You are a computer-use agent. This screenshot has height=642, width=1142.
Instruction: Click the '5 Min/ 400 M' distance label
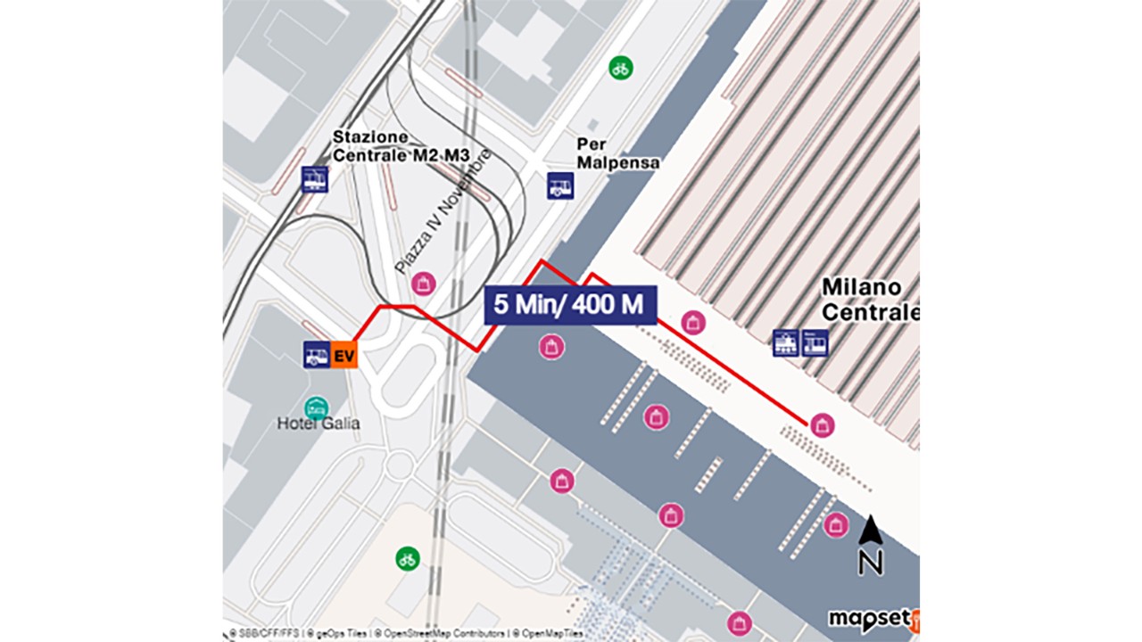coord(570,305)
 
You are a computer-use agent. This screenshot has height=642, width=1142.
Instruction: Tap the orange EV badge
coord(344,355)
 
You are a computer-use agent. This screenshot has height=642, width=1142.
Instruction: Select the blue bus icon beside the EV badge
coord(317,355)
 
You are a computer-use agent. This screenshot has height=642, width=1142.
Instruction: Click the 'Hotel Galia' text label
coord(319,423)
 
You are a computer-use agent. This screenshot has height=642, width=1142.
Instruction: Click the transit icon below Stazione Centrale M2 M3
coord(315,179)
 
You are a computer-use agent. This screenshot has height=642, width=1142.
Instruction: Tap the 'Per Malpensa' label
coord(618,152)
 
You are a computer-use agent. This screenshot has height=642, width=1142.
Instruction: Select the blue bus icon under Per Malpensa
coord(560,185)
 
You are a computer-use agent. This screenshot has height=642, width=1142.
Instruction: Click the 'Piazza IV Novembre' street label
coord(443,211)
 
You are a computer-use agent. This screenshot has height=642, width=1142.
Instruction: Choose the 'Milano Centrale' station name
coord(869,300)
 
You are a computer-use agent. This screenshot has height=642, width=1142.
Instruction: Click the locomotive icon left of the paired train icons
coord(786,342)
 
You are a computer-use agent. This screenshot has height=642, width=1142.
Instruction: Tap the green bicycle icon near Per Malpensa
coord(621,67)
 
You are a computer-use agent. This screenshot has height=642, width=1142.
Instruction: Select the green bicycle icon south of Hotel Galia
coord(408,559)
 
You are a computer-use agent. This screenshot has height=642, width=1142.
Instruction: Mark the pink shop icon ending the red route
coord(823,425)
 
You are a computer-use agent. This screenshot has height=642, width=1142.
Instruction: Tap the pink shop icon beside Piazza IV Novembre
coord(424,284)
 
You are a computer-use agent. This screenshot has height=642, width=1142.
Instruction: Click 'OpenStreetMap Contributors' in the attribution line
coord(440,633)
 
